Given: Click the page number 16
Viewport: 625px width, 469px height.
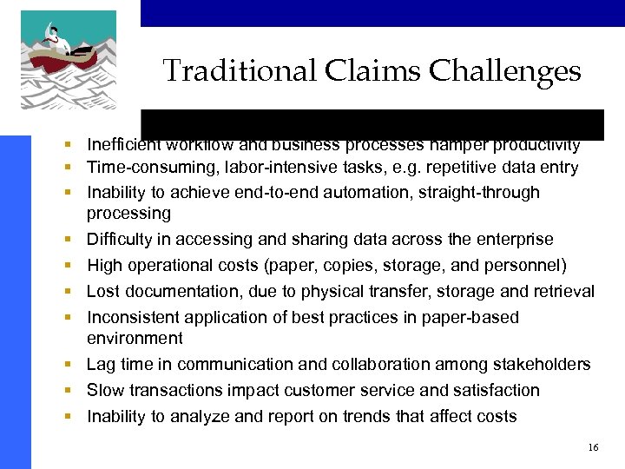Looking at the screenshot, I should click(593, 447).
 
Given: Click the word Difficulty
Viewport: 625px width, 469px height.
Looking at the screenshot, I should click(122, 240).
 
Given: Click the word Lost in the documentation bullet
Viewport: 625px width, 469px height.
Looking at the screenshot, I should click(103, 292).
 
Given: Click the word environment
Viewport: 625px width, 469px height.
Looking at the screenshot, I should click(135, 339).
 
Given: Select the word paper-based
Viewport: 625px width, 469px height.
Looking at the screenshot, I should click(471, 318).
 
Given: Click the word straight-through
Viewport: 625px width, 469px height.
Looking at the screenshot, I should click(478, 193).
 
